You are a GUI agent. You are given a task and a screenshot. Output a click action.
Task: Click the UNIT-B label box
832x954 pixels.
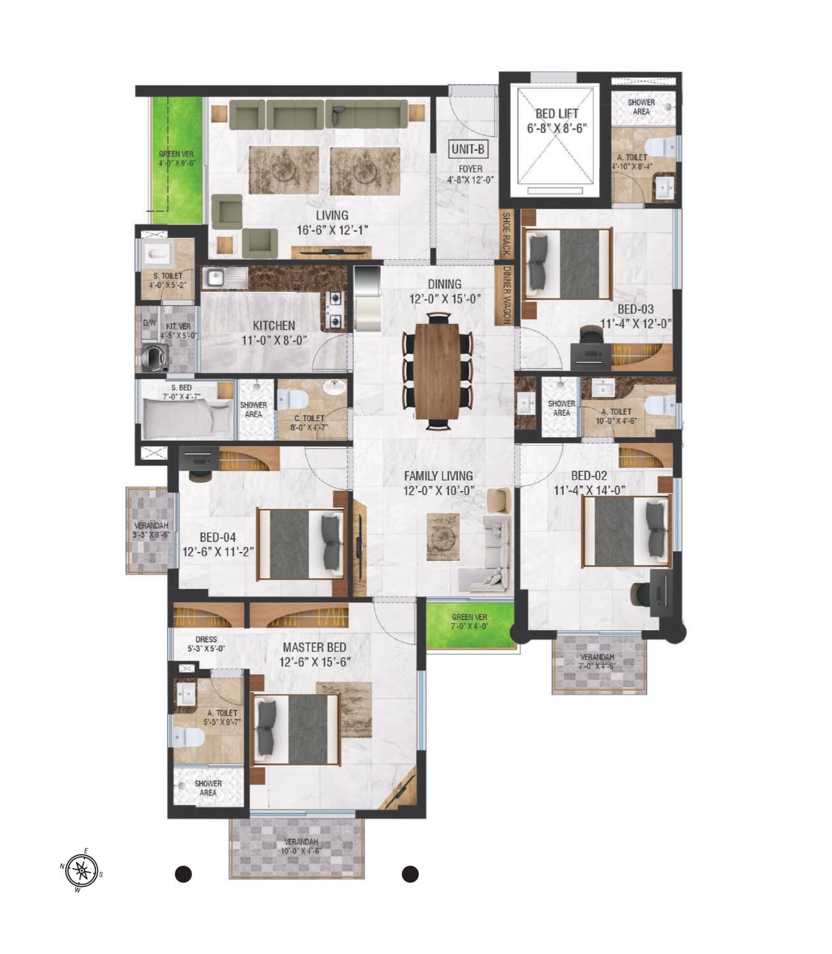(468, 149)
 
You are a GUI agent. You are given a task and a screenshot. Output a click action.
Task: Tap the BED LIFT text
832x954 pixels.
(557, 114)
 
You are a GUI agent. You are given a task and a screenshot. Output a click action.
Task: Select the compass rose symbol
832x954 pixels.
(81, 870)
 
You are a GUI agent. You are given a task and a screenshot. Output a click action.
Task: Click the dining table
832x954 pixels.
(437, 371)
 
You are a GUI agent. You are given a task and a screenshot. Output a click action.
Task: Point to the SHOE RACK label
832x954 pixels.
(506, 233)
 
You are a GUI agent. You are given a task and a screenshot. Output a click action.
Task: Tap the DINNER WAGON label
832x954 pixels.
(507, 295)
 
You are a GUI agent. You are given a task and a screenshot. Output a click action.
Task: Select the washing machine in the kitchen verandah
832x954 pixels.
(155, 357)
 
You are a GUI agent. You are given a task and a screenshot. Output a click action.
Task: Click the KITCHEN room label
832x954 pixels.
(274, 325)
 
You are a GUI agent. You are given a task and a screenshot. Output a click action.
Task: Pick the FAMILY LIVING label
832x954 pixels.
(438, 476)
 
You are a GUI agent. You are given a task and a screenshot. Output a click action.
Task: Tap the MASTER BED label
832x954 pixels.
(314, 647)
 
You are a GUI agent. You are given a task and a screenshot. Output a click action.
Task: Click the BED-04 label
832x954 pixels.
(218, 537)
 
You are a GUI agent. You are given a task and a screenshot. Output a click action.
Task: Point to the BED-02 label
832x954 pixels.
(589, 476)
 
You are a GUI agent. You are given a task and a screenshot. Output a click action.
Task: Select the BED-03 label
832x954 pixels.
(636, 309)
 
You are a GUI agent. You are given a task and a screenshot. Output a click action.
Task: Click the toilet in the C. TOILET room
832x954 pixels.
(292, 400)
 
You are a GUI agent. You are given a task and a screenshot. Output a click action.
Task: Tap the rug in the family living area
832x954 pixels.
(443, 537)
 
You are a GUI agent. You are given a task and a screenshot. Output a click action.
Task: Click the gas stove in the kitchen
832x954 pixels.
(335, 310)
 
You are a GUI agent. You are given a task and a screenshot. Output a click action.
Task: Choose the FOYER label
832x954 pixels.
(470, 169)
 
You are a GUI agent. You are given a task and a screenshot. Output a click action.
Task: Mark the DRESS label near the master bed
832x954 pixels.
(206, 639)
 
